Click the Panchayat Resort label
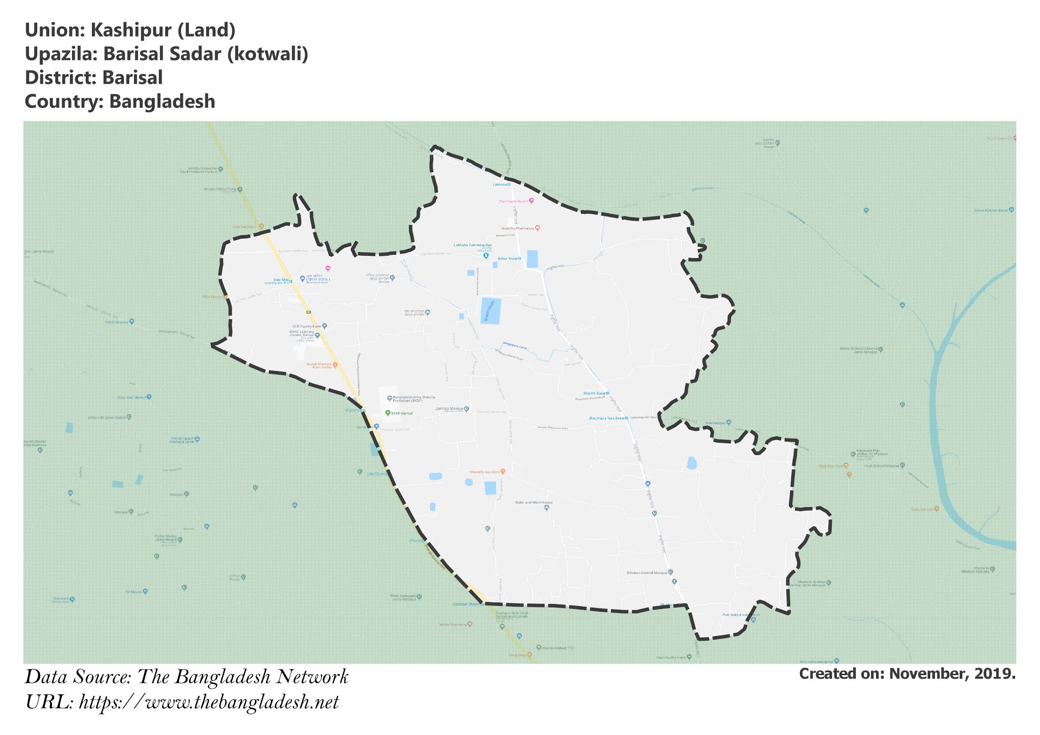513,201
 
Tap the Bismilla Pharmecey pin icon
537,228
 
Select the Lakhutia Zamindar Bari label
472,245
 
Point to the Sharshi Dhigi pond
491,311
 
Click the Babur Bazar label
507,258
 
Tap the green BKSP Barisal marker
387,413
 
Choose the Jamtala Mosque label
449,408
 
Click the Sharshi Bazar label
594,393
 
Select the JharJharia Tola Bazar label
606,418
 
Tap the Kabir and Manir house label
534,502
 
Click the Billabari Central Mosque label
647,573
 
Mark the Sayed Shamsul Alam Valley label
319,365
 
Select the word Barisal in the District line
132,78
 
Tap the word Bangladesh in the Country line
162,102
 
